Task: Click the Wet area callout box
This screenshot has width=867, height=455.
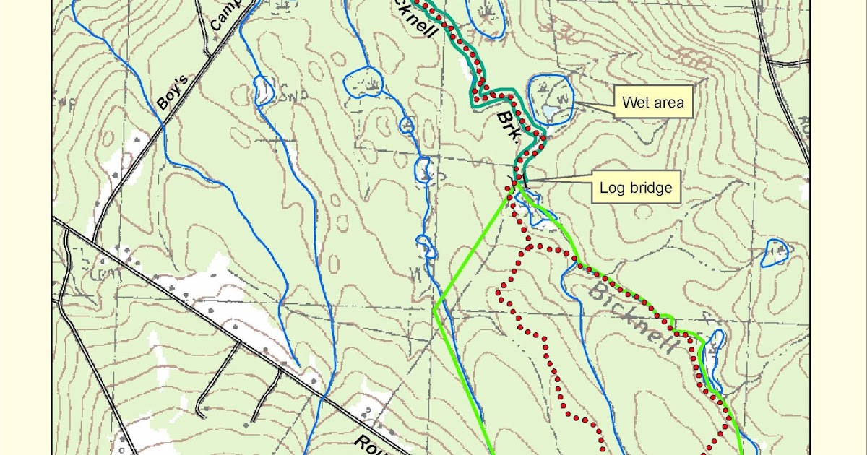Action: (x=652, y=103)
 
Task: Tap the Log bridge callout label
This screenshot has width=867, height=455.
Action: (x=637, y=189)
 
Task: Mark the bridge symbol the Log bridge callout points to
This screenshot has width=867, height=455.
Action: (x=514, y=181)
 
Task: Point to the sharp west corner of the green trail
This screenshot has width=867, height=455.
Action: (x=435, y=308)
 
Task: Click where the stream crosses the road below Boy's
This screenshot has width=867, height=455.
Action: (x=163, y=128)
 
